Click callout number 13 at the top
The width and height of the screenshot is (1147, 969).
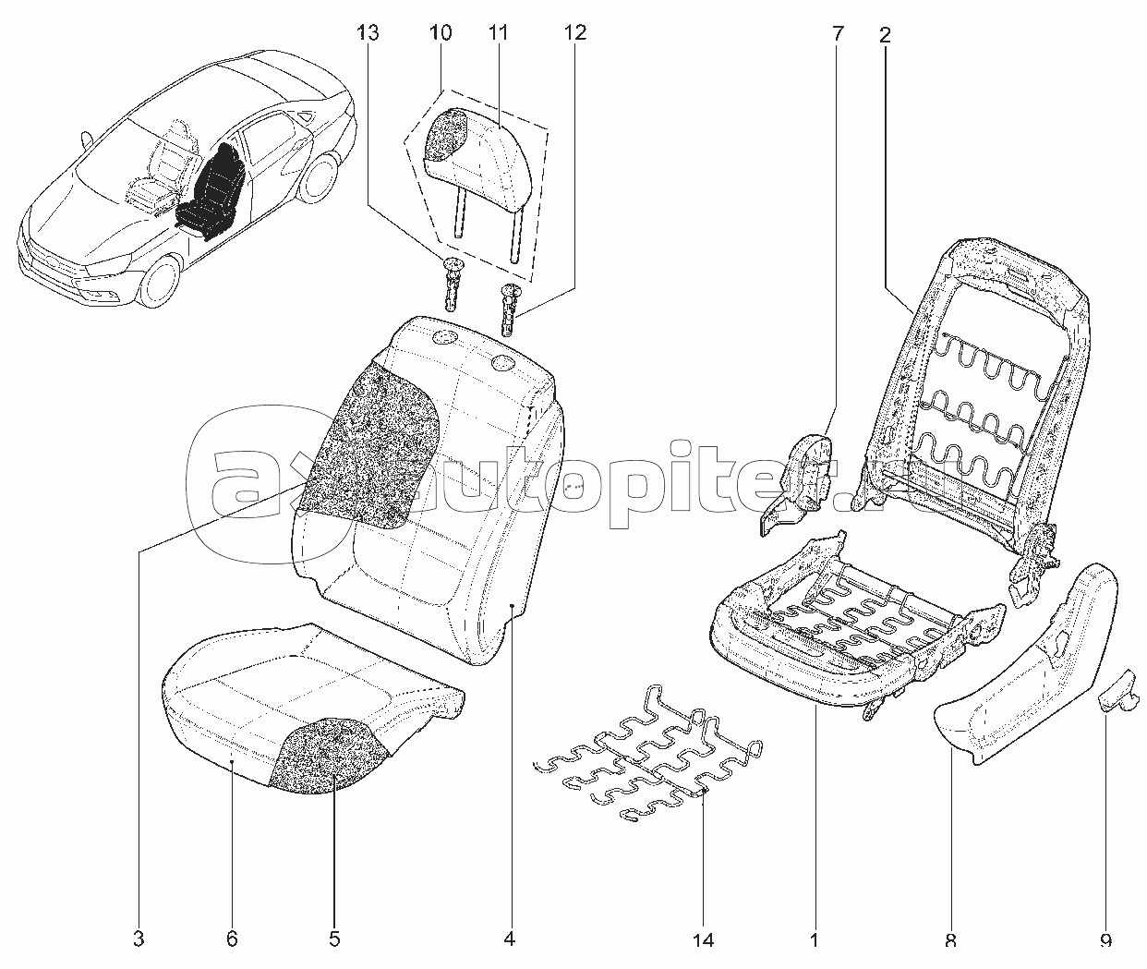(x=368, y=34)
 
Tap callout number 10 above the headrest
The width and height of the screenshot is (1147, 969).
(x=440, y=34)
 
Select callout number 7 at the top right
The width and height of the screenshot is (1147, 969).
(x=838, y=35)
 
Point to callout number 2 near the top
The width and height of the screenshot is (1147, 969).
(x=885, y=35)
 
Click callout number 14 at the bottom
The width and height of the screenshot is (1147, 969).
(x=703, y=940)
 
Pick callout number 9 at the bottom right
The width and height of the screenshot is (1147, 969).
(x=1105, y=940)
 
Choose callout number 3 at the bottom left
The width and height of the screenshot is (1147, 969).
(x=139, y=940)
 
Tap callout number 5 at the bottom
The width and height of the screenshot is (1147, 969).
(x=334, y=940)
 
